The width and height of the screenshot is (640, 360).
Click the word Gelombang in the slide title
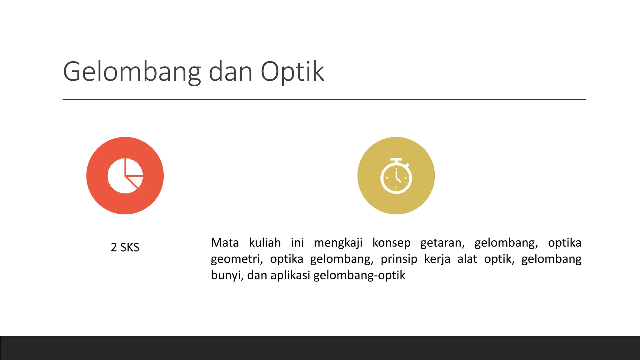tap(132, 72)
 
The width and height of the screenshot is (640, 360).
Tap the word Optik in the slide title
tap(292, 72)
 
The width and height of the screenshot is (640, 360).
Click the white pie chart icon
tap(125, 176)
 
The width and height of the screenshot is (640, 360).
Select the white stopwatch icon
tap(396, 176)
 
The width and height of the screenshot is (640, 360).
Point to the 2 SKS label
tap(125, 247)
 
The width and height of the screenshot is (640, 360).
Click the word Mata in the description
tap(225, 243)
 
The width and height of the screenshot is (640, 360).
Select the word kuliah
tap(265, 243)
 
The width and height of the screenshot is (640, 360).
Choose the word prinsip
tap(399, 259)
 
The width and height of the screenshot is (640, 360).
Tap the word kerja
tap(437, 259)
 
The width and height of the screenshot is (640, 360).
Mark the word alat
tap(467, 259)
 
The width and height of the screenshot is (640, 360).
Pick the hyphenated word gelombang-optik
tap(359, 276)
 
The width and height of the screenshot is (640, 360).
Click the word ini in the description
tap(297, 243)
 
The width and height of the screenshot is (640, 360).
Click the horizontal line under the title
tap(324, 100)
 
